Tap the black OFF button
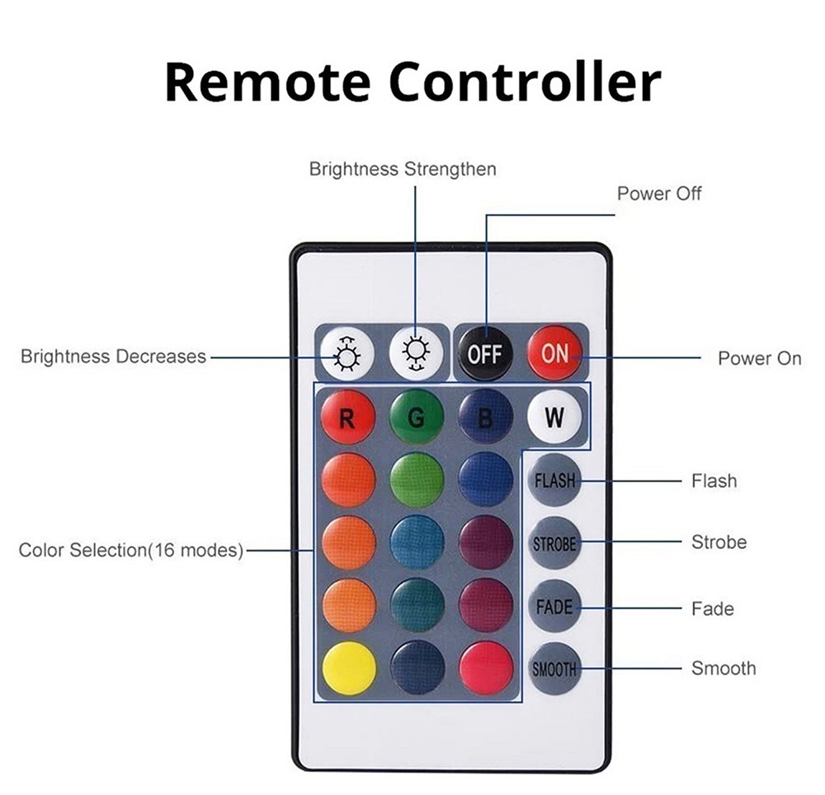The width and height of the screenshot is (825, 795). pyautogui.click(x=485, y=354)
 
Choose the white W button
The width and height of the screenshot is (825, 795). pyautogui.click(x=554, y=418)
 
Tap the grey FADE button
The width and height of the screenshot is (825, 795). pyautogui.click(x=554, y=607)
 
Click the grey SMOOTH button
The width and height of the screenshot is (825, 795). pyautogui.click(x=554, y=669)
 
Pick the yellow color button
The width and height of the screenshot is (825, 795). pyautogui.click(x=348, y=668)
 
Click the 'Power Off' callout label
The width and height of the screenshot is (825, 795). pyautogui.click(x=659, y=194)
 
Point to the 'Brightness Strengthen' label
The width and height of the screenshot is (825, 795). pyautogui.click(x=403, y=169)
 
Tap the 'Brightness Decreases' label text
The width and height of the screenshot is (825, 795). pyautogui.click(x=113, y=357)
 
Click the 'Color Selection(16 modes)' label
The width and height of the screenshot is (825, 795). pyautogui.click(x=131, y=550)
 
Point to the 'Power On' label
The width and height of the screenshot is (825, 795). pyautogui.click(x=759, y=358)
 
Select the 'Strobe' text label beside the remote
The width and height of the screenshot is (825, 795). pyautogui.click(x=719, y=542)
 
